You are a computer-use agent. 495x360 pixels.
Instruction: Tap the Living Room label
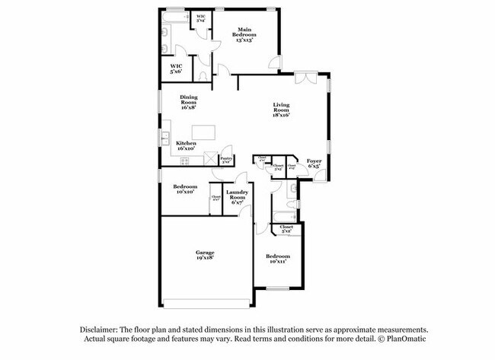(x=283, y=110)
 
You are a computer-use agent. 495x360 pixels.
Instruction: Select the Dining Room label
(x=188, y=101)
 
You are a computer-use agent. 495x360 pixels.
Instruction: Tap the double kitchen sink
(x=164, y=138)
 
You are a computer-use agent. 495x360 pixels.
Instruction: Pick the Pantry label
(x=226, y=160)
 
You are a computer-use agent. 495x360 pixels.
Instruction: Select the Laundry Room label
(x=236, y=196)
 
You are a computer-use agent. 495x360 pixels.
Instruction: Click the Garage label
(x=205, y=254)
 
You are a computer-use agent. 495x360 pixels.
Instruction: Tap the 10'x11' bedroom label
(x=278, y=258)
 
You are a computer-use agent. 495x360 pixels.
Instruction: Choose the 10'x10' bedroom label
(x=185, y=189)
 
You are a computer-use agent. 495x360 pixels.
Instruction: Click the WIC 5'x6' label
(x=176, y=68)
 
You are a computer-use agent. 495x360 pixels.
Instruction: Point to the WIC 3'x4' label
(x=202, y=18)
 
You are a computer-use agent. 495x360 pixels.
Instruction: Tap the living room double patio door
(x=305, y=73)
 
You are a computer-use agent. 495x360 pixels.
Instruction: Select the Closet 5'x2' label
(x=286, y=229)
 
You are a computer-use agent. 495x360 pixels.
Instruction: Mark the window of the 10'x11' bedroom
(x=277, y=288)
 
